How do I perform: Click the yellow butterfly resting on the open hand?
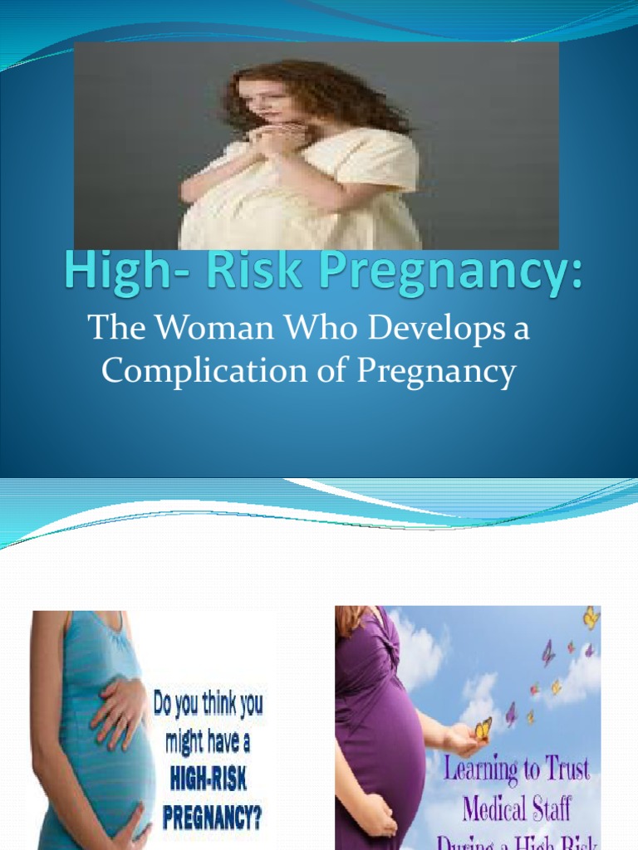[x=483, y=728]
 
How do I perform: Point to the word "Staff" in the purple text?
[x=552, y=806]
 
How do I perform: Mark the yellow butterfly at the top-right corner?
[x=591, y=618]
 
